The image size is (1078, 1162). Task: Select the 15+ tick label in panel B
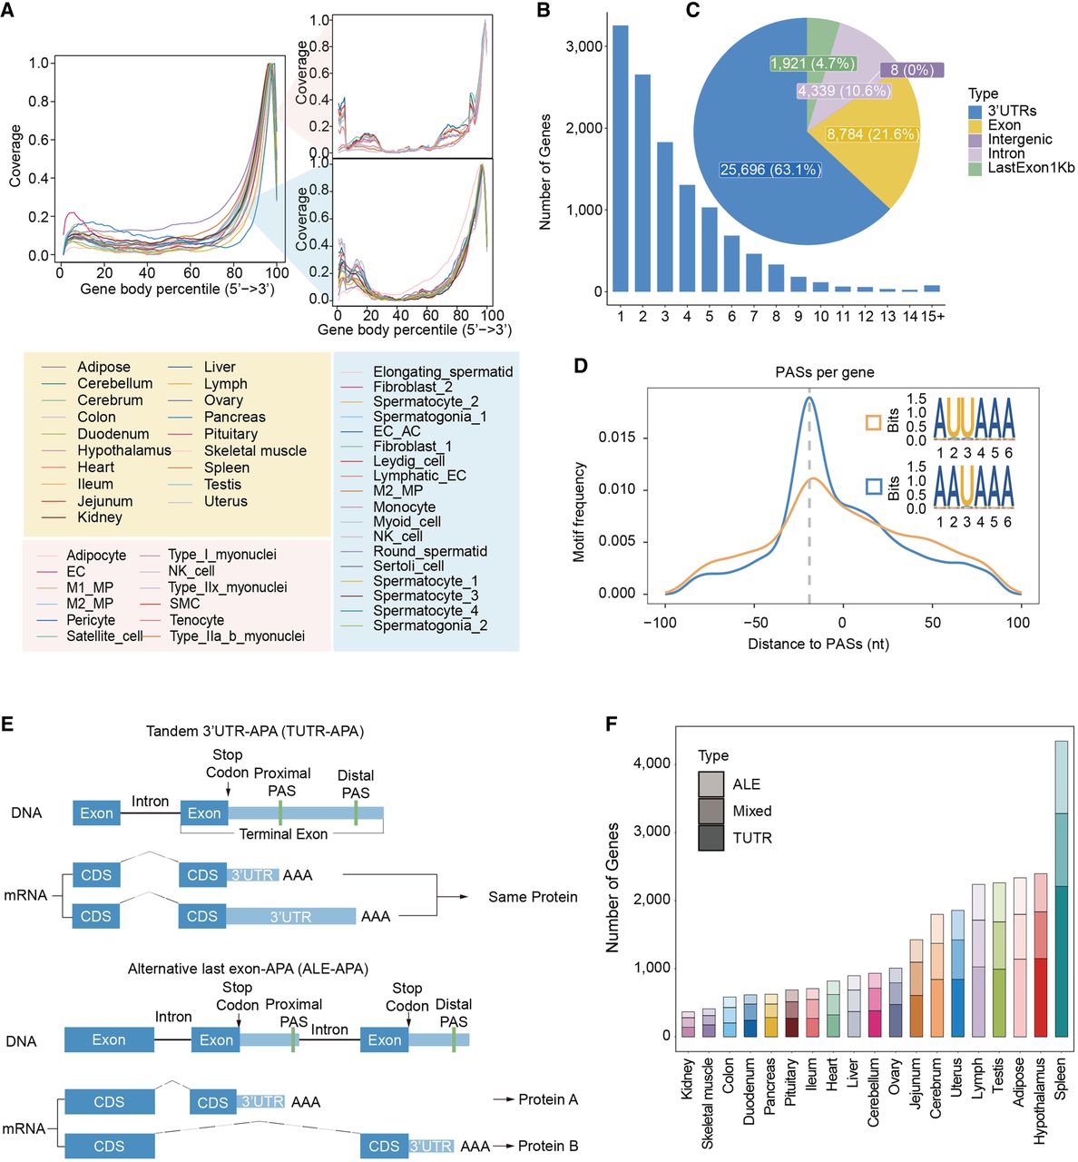(x=932, y=316)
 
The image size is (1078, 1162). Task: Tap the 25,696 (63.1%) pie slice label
(x=770, y=170)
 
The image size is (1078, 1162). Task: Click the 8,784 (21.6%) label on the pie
(x=872, y=134)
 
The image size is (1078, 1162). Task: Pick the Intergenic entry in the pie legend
(x=1020, y=140)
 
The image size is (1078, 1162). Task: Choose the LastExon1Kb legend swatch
(x=976, y=168)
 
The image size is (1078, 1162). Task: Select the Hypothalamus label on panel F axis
(x=1040, y=1098)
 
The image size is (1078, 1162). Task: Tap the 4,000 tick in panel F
(x=652, y=763)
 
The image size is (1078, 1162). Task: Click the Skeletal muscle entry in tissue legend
(x=255, y=451)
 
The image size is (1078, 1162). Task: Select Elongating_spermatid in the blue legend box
(x=443, y=372)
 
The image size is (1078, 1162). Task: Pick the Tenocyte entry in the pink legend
(x=197, y=620)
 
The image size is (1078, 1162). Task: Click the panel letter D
(x=581, y=366)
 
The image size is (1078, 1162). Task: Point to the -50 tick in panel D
(x=755, y=623)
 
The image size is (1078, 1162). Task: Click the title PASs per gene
(x=824, y=372)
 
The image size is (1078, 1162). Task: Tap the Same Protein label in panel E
(x=533, y=897)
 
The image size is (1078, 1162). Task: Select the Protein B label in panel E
(x=548, y=1146)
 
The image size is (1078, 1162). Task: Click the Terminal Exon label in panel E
(x=283, y=834)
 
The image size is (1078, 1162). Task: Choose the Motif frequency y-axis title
(x=580, y=513)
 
